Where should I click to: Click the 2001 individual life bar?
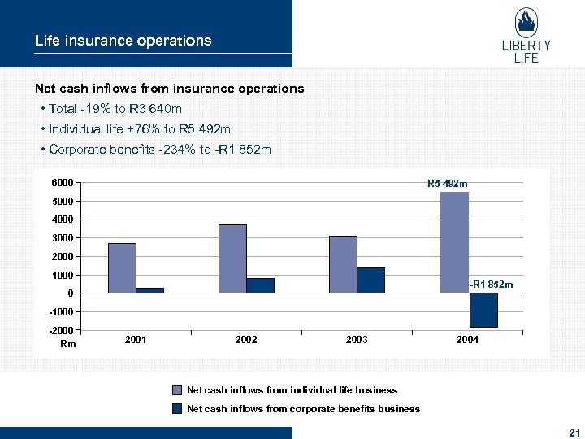pyautogui.click(x=122, y=267)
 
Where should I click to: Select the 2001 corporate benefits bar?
pyautogui.click(x=150, y=289)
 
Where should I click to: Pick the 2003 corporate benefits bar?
pyautogui.click(x=370, y=280)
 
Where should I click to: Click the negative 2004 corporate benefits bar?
pyautogui.click(x=483, y=310)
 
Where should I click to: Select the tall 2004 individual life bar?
pyautogui.click(x=455, y=242)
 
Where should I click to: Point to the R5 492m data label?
pyautogui.click(x=447, y=184)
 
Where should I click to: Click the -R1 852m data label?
pyautogui.click(x=492, y=285)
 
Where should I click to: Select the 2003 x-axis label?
pyautogui.click(x=357, y=340)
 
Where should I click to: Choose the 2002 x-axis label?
pyautogui.click(x=246, y=340)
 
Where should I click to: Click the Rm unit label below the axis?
pyautogui.click(x=67, y=344)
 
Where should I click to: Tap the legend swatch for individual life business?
pyautogui.click(x=176, y=390)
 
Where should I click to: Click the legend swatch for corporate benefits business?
pyautogui.click(x=176, y=409)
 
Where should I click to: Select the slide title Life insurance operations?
pyautogui.click(x=123, y=41)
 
